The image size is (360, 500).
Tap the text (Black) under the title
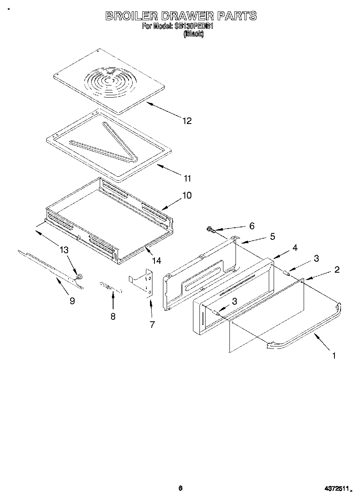[x=193, y=34]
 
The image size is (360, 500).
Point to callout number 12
[x=186, y=121]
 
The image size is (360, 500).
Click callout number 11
[x=187, y=178]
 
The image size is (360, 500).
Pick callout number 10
[x=186, y=195]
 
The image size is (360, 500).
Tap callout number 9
[x=72, y=301]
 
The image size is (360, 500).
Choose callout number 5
[x=272, y=236]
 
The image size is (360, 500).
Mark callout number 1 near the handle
[x=334, y=356]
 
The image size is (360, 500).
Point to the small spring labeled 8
[x=111, y=288]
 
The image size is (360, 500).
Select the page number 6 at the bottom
[x=180, y=488]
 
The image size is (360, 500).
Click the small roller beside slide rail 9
[x=79, y=277]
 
